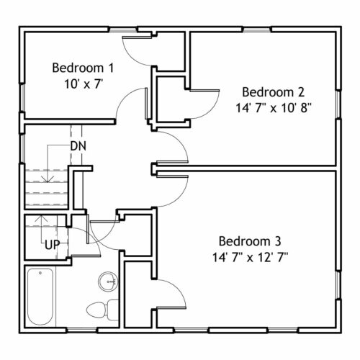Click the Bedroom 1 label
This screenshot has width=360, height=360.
click(x=83, y=68)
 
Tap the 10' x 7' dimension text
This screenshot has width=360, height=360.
click(x=84, y=84)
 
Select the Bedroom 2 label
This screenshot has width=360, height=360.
click(x=274, y=92)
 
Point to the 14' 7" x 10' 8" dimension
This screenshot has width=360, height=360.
click(x=274, y=108)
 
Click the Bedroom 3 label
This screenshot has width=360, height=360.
click(x=250, y=241)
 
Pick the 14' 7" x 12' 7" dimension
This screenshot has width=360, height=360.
click(x=250, y=257)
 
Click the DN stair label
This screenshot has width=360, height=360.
click(x=78, y=146)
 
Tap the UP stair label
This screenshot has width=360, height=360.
click(x=53, y=245)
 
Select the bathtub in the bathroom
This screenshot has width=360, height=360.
click(x=40, y=297)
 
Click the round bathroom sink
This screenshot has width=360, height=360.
click(x=108, y=282)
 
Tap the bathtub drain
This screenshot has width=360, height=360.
click(x=40, y=273)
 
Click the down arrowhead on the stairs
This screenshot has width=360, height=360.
click(x=48, y=179)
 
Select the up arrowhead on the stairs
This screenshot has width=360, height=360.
click(x=41, y=218)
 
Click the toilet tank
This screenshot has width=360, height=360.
click(x=112, y=310)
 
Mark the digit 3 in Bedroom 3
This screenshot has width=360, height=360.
click(x=278, y=241)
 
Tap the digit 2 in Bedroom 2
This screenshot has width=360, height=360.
click(x=301, y=92)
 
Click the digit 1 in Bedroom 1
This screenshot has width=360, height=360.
click(x=111, y=68)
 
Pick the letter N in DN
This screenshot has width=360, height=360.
click(x=82, y=146)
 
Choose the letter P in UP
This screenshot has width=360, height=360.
click(x=56, y=245)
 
